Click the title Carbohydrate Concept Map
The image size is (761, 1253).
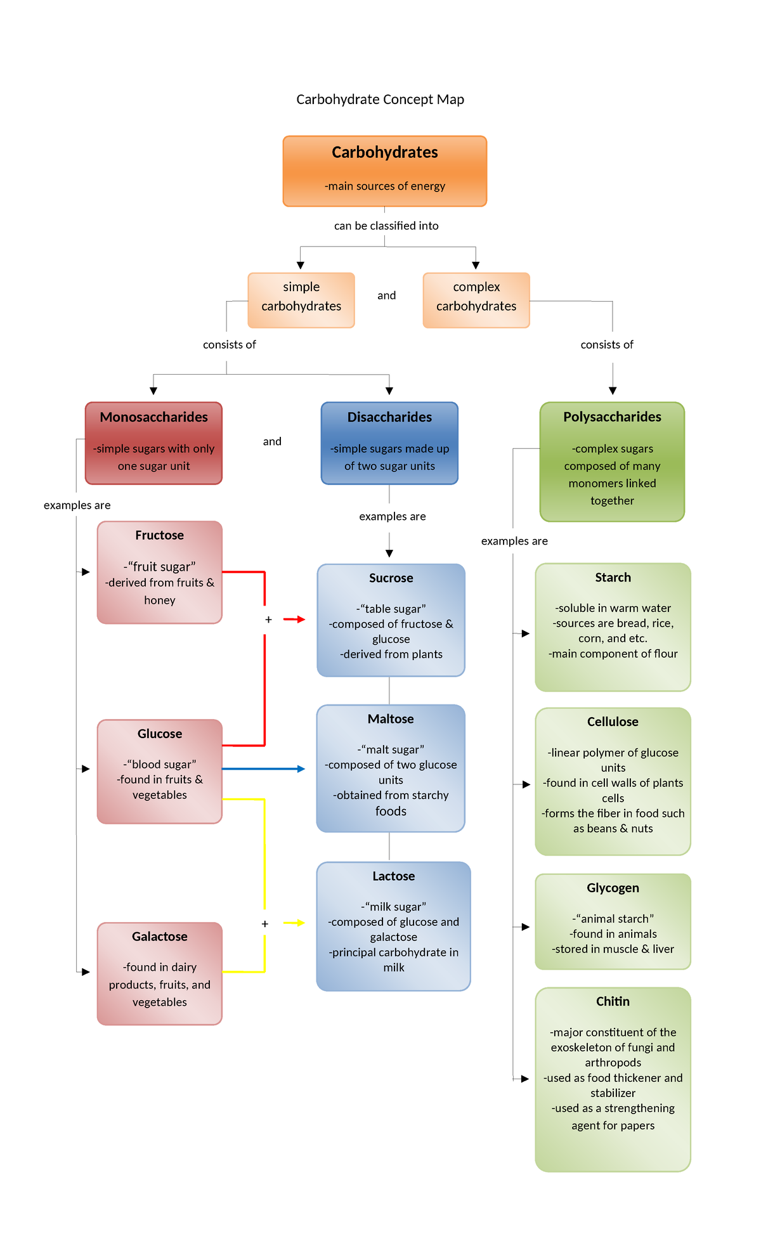coord(380,100)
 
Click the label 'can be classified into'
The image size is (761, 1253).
coord(386,226)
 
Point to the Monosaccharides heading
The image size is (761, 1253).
coord(153,417)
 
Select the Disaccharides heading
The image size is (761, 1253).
coord(389,417)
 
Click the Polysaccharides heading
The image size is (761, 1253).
coord(612,417)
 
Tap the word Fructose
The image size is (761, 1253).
coord(159,535)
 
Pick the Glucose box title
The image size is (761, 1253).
coord(159,734)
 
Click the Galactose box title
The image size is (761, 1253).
coord(159,937)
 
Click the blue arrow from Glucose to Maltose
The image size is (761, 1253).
coord(263,769)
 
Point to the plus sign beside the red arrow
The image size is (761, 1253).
coord(268,620)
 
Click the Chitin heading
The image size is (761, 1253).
coord(613,1001)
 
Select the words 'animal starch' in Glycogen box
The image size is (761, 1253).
coord(613,919)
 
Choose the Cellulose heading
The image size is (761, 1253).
coord(613,722)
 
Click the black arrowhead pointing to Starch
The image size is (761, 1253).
coord(525,633)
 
